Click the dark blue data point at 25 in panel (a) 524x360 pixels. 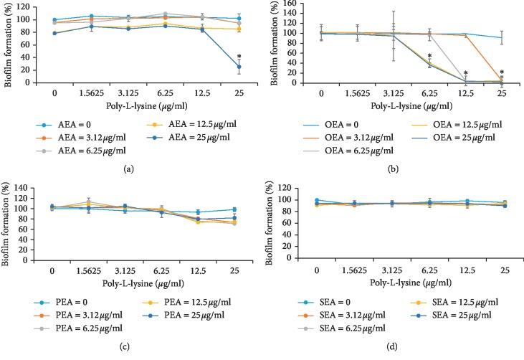tap(239, 67)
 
